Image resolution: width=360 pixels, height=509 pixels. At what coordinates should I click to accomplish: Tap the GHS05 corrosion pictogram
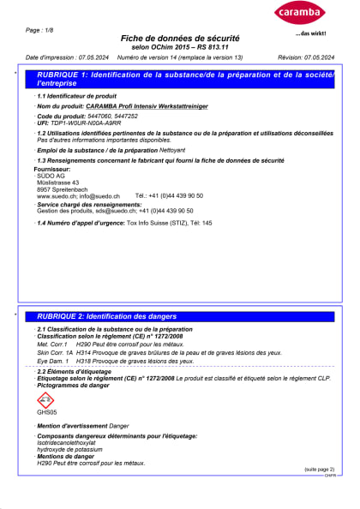point(45,399)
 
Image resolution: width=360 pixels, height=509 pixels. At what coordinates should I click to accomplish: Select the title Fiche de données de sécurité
point(179,39)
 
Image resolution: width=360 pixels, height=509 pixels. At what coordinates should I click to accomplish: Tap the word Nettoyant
point(179,150)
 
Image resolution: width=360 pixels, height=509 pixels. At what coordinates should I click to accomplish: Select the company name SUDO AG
point(50,176)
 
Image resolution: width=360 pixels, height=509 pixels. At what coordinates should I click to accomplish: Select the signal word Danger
point(118,425)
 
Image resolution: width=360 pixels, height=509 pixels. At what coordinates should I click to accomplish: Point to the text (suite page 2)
point(319,470)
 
